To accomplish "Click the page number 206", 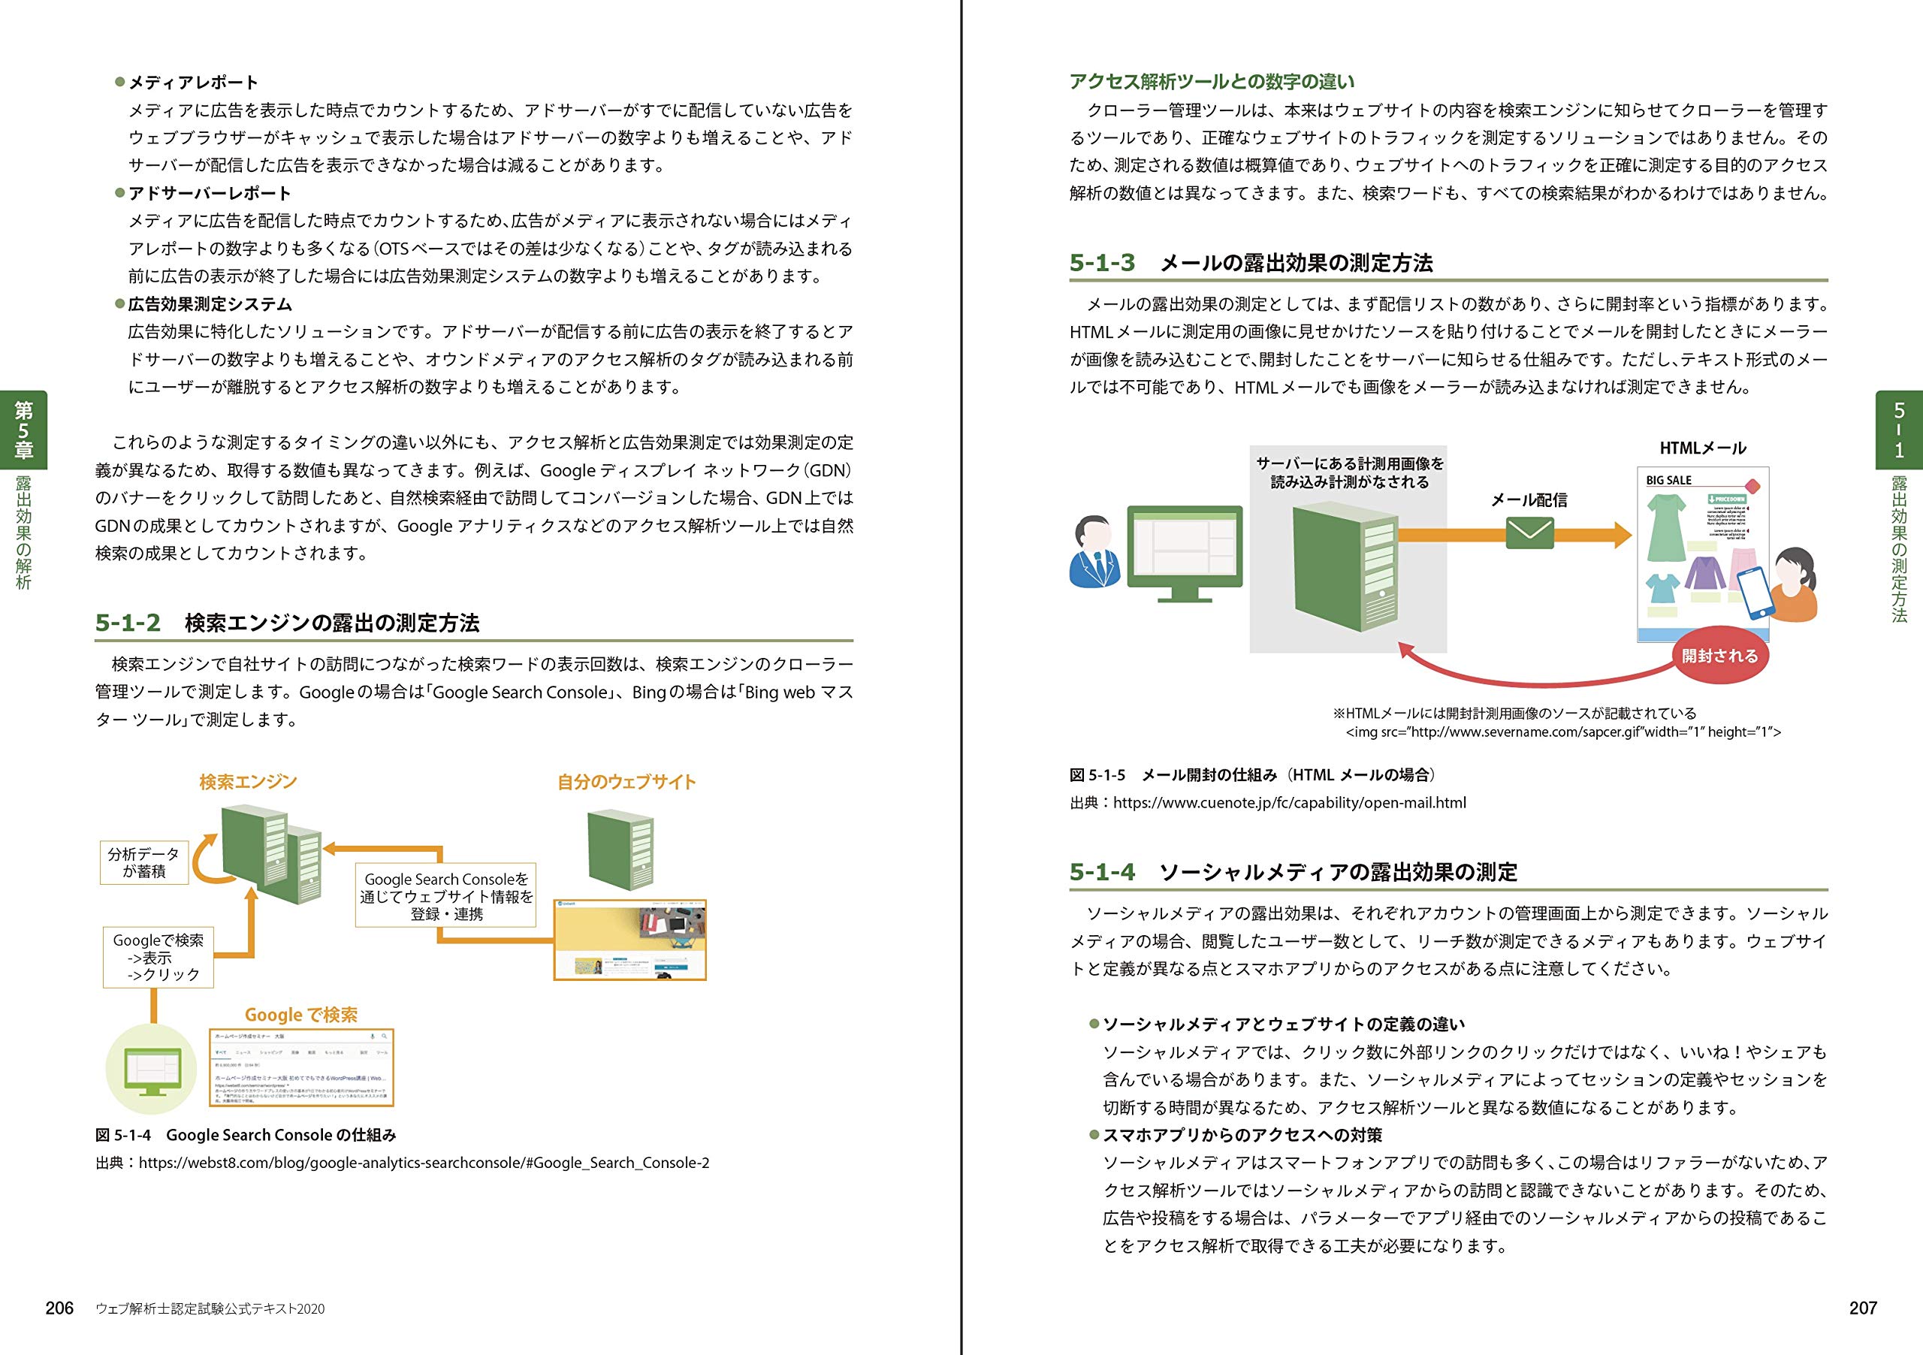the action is pyautogui.click(x=59, y=1308).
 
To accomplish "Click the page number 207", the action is pyautogui.click(x=1863, y=1308).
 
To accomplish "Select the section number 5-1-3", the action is pyautogui.click(x=1101, y=263).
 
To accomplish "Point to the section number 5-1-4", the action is pyautogui.click(x=1101, y=872).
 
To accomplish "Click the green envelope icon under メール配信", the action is pyautogui.click(x=1529, y=533).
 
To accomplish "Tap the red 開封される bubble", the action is pyautogui.click(x=1719, y=656).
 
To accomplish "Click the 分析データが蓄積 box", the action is pyautogui.click(x=144, y=862).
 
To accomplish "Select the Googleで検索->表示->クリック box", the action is pyautogui.click(x=158, y=957).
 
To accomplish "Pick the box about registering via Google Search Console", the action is pyautogui.click(x=445, y=896).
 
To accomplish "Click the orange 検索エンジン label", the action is pyautogui.click(x=248, y=782).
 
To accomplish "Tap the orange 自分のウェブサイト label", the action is pyautogui.click(x=626, y=782).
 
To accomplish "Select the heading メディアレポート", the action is pyautogui.click(x=192, y=82).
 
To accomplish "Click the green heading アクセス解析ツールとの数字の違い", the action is pyautogui.click(x=1211, y=81).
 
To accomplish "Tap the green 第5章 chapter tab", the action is pyautogui.click(x=23, y=430).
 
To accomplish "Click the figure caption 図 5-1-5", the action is pyautogui.click(x=1097, y=774).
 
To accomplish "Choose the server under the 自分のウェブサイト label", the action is pyautogui.click(x=620, y=850).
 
